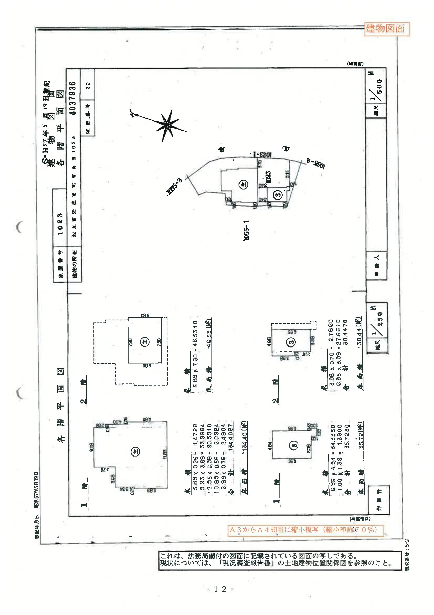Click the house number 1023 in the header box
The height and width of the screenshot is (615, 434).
pyautogui.click(x=60, y=224)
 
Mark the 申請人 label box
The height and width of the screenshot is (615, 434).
pyautogui.click(x=376, y=265)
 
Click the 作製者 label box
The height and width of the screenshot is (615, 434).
pyautogui.click(x=379, y=500)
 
